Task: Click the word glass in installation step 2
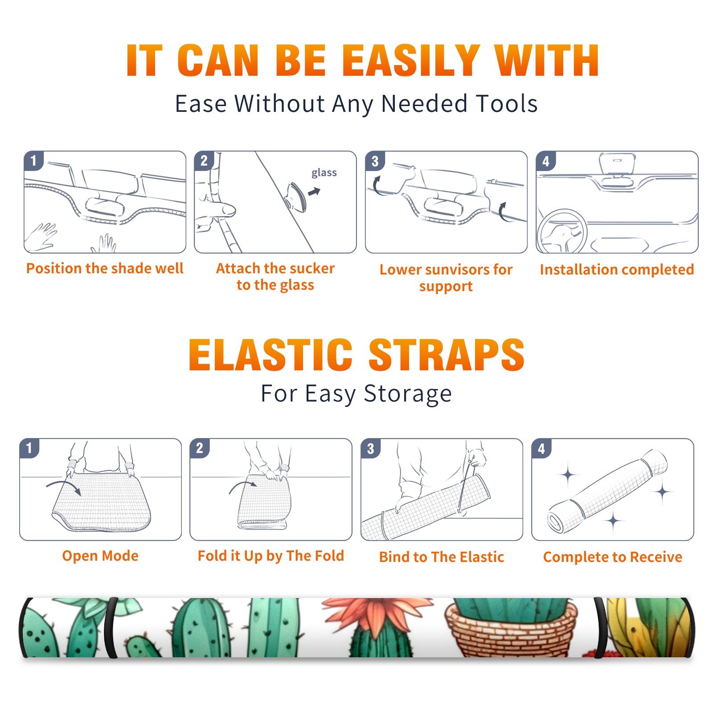pos(324,173)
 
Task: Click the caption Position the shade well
pos(105,268)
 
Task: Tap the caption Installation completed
pos(617,270)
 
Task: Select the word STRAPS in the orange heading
pos(447,355)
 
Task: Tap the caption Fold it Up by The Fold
pos(271,556)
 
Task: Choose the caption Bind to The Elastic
pos(442,557)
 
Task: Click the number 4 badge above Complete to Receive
pos(541,448)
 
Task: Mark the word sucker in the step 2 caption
pos(312,268)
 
